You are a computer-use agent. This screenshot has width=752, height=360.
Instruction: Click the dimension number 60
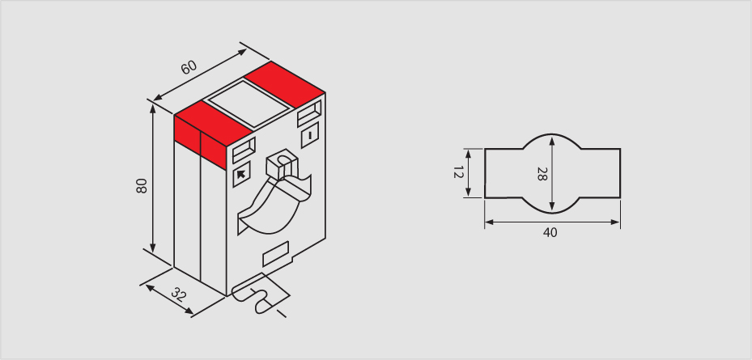189,67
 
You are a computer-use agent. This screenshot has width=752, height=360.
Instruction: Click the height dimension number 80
142,185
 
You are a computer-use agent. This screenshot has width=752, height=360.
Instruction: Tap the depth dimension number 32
178,294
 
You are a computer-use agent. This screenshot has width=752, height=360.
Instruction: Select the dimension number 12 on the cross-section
458,172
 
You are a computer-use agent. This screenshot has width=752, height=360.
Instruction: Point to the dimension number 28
542,174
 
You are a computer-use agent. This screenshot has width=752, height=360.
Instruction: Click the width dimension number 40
550,232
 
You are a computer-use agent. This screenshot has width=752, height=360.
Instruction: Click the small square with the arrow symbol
241,175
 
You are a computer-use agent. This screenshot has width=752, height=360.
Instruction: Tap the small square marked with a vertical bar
310,135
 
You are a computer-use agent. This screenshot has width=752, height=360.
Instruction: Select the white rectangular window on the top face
249,104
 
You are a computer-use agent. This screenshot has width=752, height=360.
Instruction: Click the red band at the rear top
284,84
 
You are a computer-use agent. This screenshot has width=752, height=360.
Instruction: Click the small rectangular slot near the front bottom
276,254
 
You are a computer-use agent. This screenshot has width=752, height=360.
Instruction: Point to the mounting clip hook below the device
260,295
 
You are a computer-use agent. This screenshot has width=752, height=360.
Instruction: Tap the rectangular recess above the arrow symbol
244,150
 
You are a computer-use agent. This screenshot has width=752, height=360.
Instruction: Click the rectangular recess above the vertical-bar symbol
309,113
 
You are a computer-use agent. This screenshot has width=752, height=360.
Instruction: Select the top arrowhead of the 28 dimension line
552,141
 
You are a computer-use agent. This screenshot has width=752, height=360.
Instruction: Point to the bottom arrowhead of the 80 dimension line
153,248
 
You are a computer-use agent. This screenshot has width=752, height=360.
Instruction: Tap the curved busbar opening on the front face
274,206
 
